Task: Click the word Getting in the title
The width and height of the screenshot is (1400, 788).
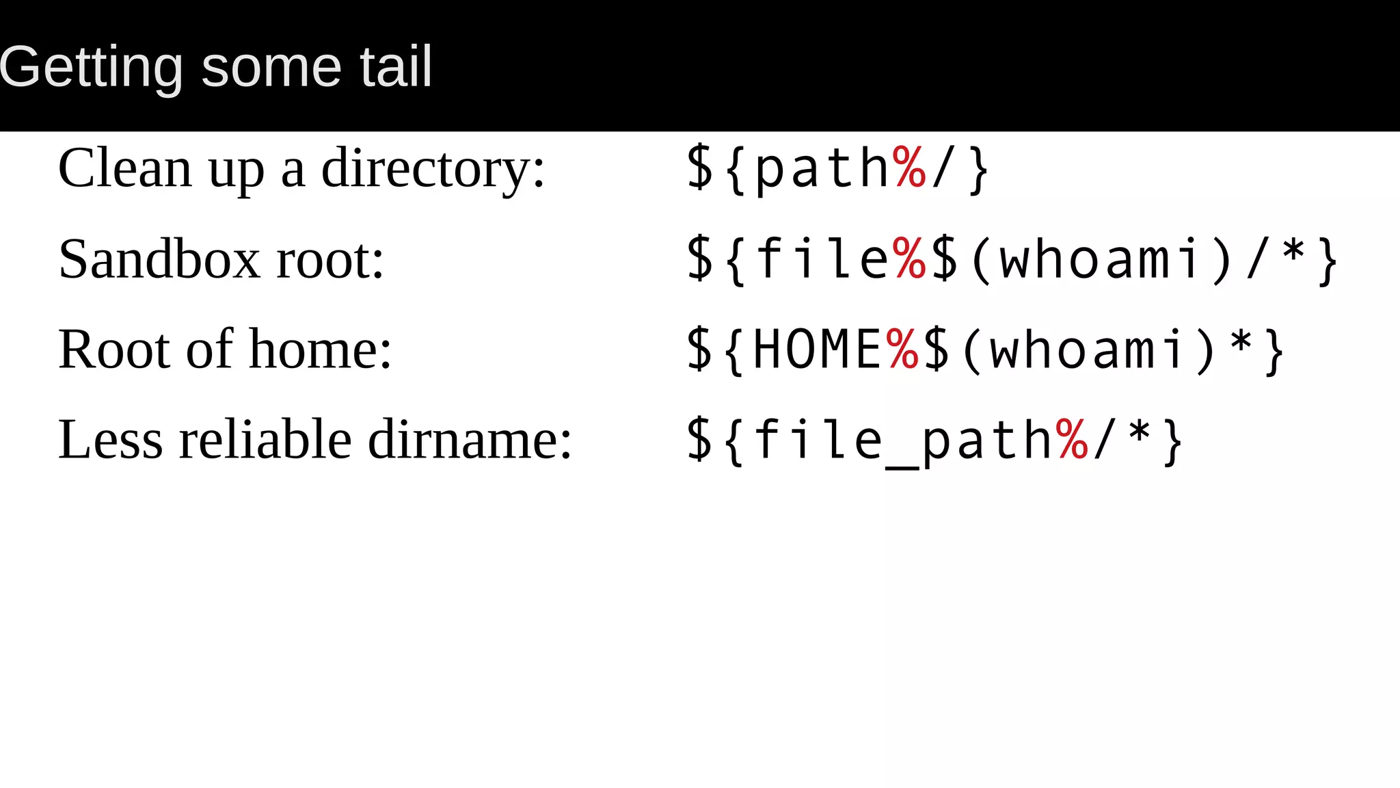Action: click(x=91, y=67)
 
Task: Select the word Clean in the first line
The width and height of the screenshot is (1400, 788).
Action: click(x=125, y=168)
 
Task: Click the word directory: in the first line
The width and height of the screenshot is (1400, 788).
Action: click(x=433, y=170)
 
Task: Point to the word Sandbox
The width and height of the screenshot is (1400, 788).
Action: click(x=159, y=259)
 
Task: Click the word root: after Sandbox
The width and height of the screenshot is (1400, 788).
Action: click(x=330, y=261)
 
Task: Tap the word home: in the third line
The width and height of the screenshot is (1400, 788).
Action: click(x=321, y=350)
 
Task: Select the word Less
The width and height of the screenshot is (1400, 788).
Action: click(x=111, y=440)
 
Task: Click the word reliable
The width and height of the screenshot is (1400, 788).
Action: click(x=265, y=440)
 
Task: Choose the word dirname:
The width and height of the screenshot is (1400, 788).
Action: click(x=470, y=440)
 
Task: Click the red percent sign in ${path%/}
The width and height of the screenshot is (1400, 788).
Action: click(x=908, y=168)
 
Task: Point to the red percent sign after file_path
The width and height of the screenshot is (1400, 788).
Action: click(x=1071, y=440)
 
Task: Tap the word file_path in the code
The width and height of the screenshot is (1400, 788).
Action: click(x=902, y=441)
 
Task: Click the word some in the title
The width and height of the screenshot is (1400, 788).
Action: click(x=271, y=67)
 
